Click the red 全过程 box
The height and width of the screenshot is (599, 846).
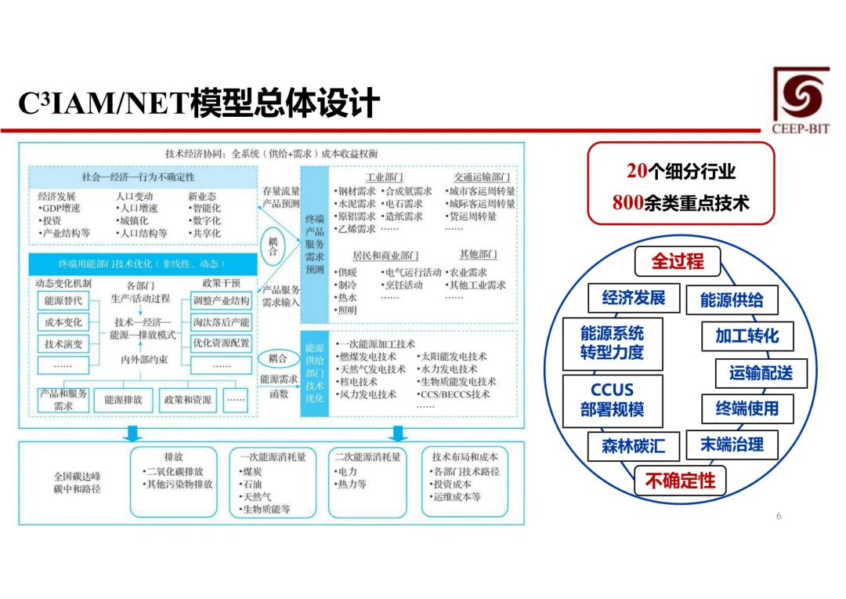(678, 262)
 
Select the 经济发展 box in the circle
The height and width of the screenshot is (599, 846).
(633, 298)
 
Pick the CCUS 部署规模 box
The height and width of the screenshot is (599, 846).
(613, 400)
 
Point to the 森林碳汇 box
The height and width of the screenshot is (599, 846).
(633, 446)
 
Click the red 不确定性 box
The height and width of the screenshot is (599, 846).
(680, 480)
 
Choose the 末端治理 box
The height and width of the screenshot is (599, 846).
(732, 445)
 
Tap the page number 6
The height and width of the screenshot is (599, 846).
(778, 516)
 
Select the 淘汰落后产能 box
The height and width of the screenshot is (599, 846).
(221, 322)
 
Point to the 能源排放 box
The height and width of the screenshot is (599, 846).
(124, 400)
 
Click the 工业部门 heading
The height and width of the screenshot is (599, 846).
(385, 178)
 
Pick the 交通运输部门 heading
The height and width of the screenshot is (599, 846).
(482, 178)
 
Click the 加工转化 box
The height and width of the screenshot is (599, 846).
(747, 336)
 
